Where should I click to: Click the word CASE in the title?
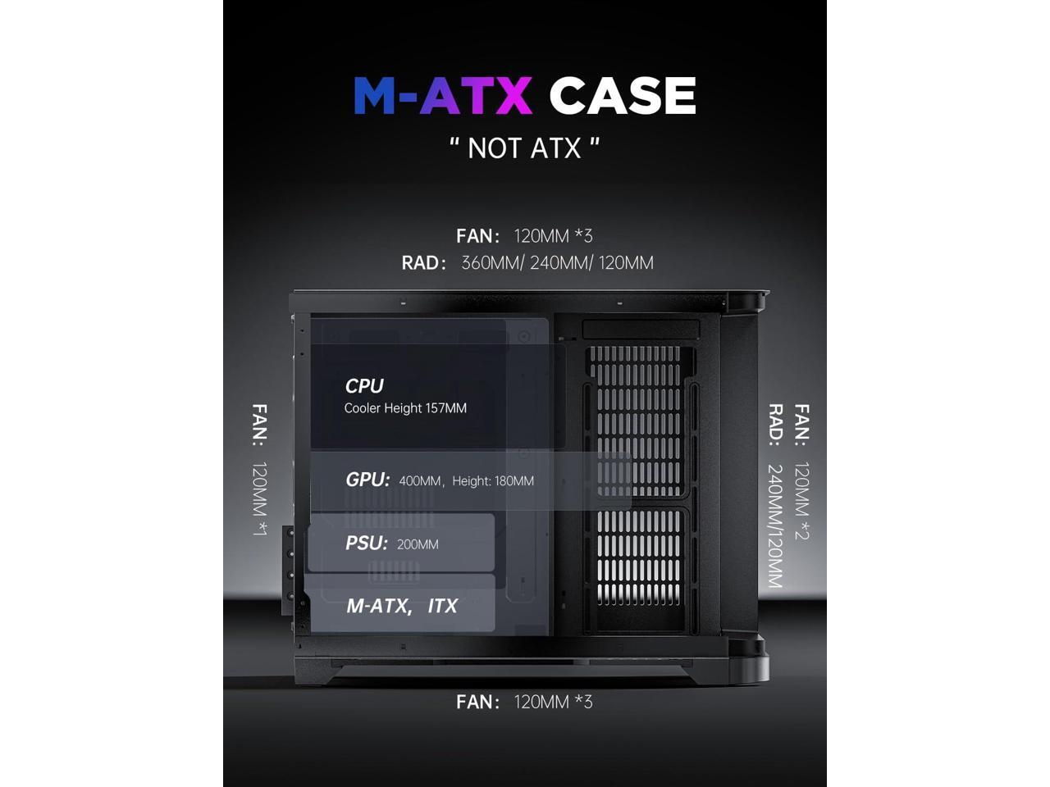click(x=622, y=96)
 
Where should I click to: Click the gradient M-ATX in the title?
click(x=443, y=96)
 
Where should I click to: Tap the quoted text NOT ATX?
click(x=525, y=148)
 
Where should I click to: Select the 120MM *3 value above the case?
click(x=553, y=236)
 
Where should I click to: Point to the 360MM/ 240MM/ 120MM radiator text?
click(x=557, y=263)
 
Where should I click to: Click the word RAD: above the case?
click(x=424, y=263)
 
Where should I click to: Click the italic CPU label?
click(x=364, y=385)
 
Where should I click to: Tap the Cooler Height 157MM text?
click(x=405, y=408)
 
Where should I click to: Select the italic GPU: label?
click(x=367, y=480)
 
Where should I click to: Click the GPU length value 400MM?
click(x=420, y=481)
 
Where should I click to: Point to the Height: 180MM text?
click(x=493, y=481)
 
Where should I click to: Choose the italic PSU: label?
click(x=366, y=543)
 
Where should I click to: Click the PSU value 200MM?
click(x=418, y=544)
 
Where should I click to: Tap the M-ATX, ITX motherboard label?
click(x=402, y=606)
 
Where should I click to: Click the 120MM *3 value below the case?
click(x=553, y=702)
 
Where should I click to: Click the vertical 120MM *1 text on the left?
click(x=259, y=498)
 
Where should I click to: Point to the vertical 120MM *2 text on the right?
click(x=801, y=500)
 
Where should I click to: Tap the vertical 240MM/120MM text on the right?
click(x=775, y=526)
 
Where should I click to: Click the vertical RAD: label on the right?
click(x=775, y=425)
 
